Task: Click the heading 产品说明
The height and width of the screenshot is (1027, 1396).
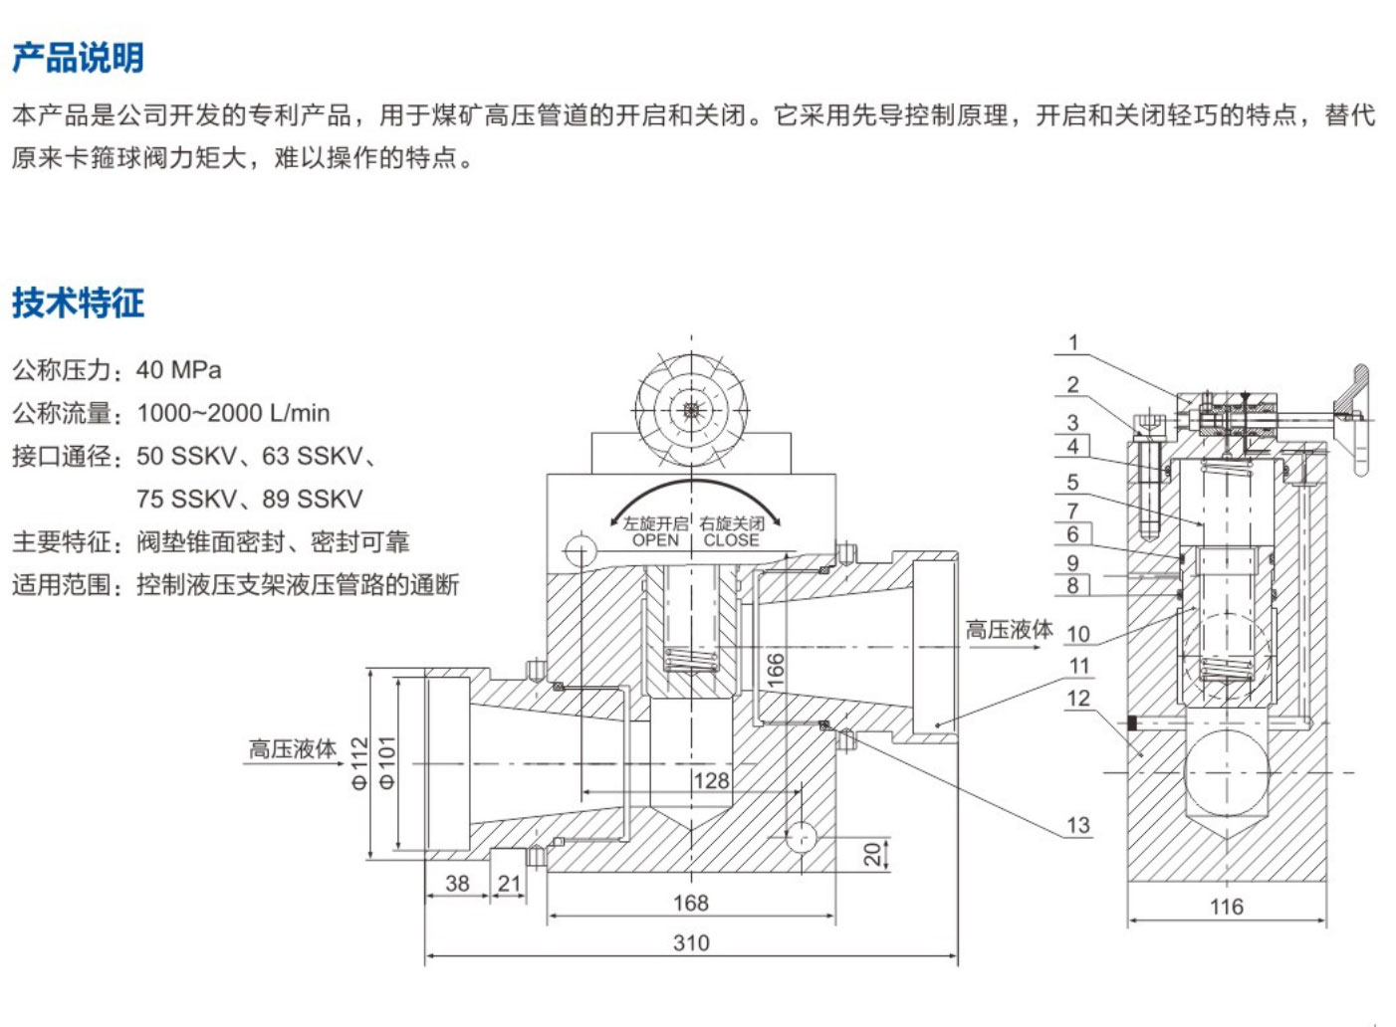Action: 78,58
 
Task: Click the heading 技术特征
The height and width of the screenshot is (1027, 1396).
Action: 78,302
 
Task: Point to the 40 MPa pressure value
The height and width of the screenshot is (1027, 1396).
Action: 179,370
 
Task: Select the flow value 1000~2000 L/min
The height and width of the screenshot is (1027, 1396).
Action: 233,413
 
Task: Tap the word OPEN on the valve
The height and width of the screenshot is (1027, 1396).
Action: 655,540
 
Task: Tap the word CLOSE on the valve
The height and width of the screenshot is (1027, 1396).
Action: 731,540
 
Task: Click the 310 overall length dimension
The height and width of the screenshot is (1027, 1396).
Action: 691,942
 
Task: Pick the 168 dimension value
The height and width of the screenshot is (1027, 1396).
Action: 691,903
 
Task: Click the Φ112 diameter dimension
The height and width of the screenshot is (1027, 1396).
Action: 360,763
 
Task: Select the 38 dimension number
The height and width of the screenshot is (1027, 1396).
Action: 457,883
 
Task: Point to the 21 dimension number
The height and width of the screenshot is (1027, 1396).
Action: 509,883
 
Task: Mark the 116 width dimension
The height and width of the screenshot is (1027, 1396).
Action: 1227,907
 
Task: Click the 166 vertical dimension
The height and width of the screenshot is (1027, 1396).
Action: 776,670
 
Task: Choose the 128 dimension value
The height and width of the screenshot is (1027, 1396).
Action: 711,781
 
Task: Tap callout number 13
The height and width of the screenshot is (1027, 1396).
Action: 1078,825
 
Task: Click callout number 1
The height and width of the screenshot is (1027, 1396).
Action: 1073,342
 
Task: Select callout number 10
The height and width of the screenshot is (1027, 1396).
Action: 1078,634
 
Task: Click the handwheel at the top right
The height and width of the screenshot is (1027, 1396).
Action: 1356,418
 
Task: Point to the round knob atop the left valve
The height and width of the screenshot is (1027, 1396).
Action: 692,410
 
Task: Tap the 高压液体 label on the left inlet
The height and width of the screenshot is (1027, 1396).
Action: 293,748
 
